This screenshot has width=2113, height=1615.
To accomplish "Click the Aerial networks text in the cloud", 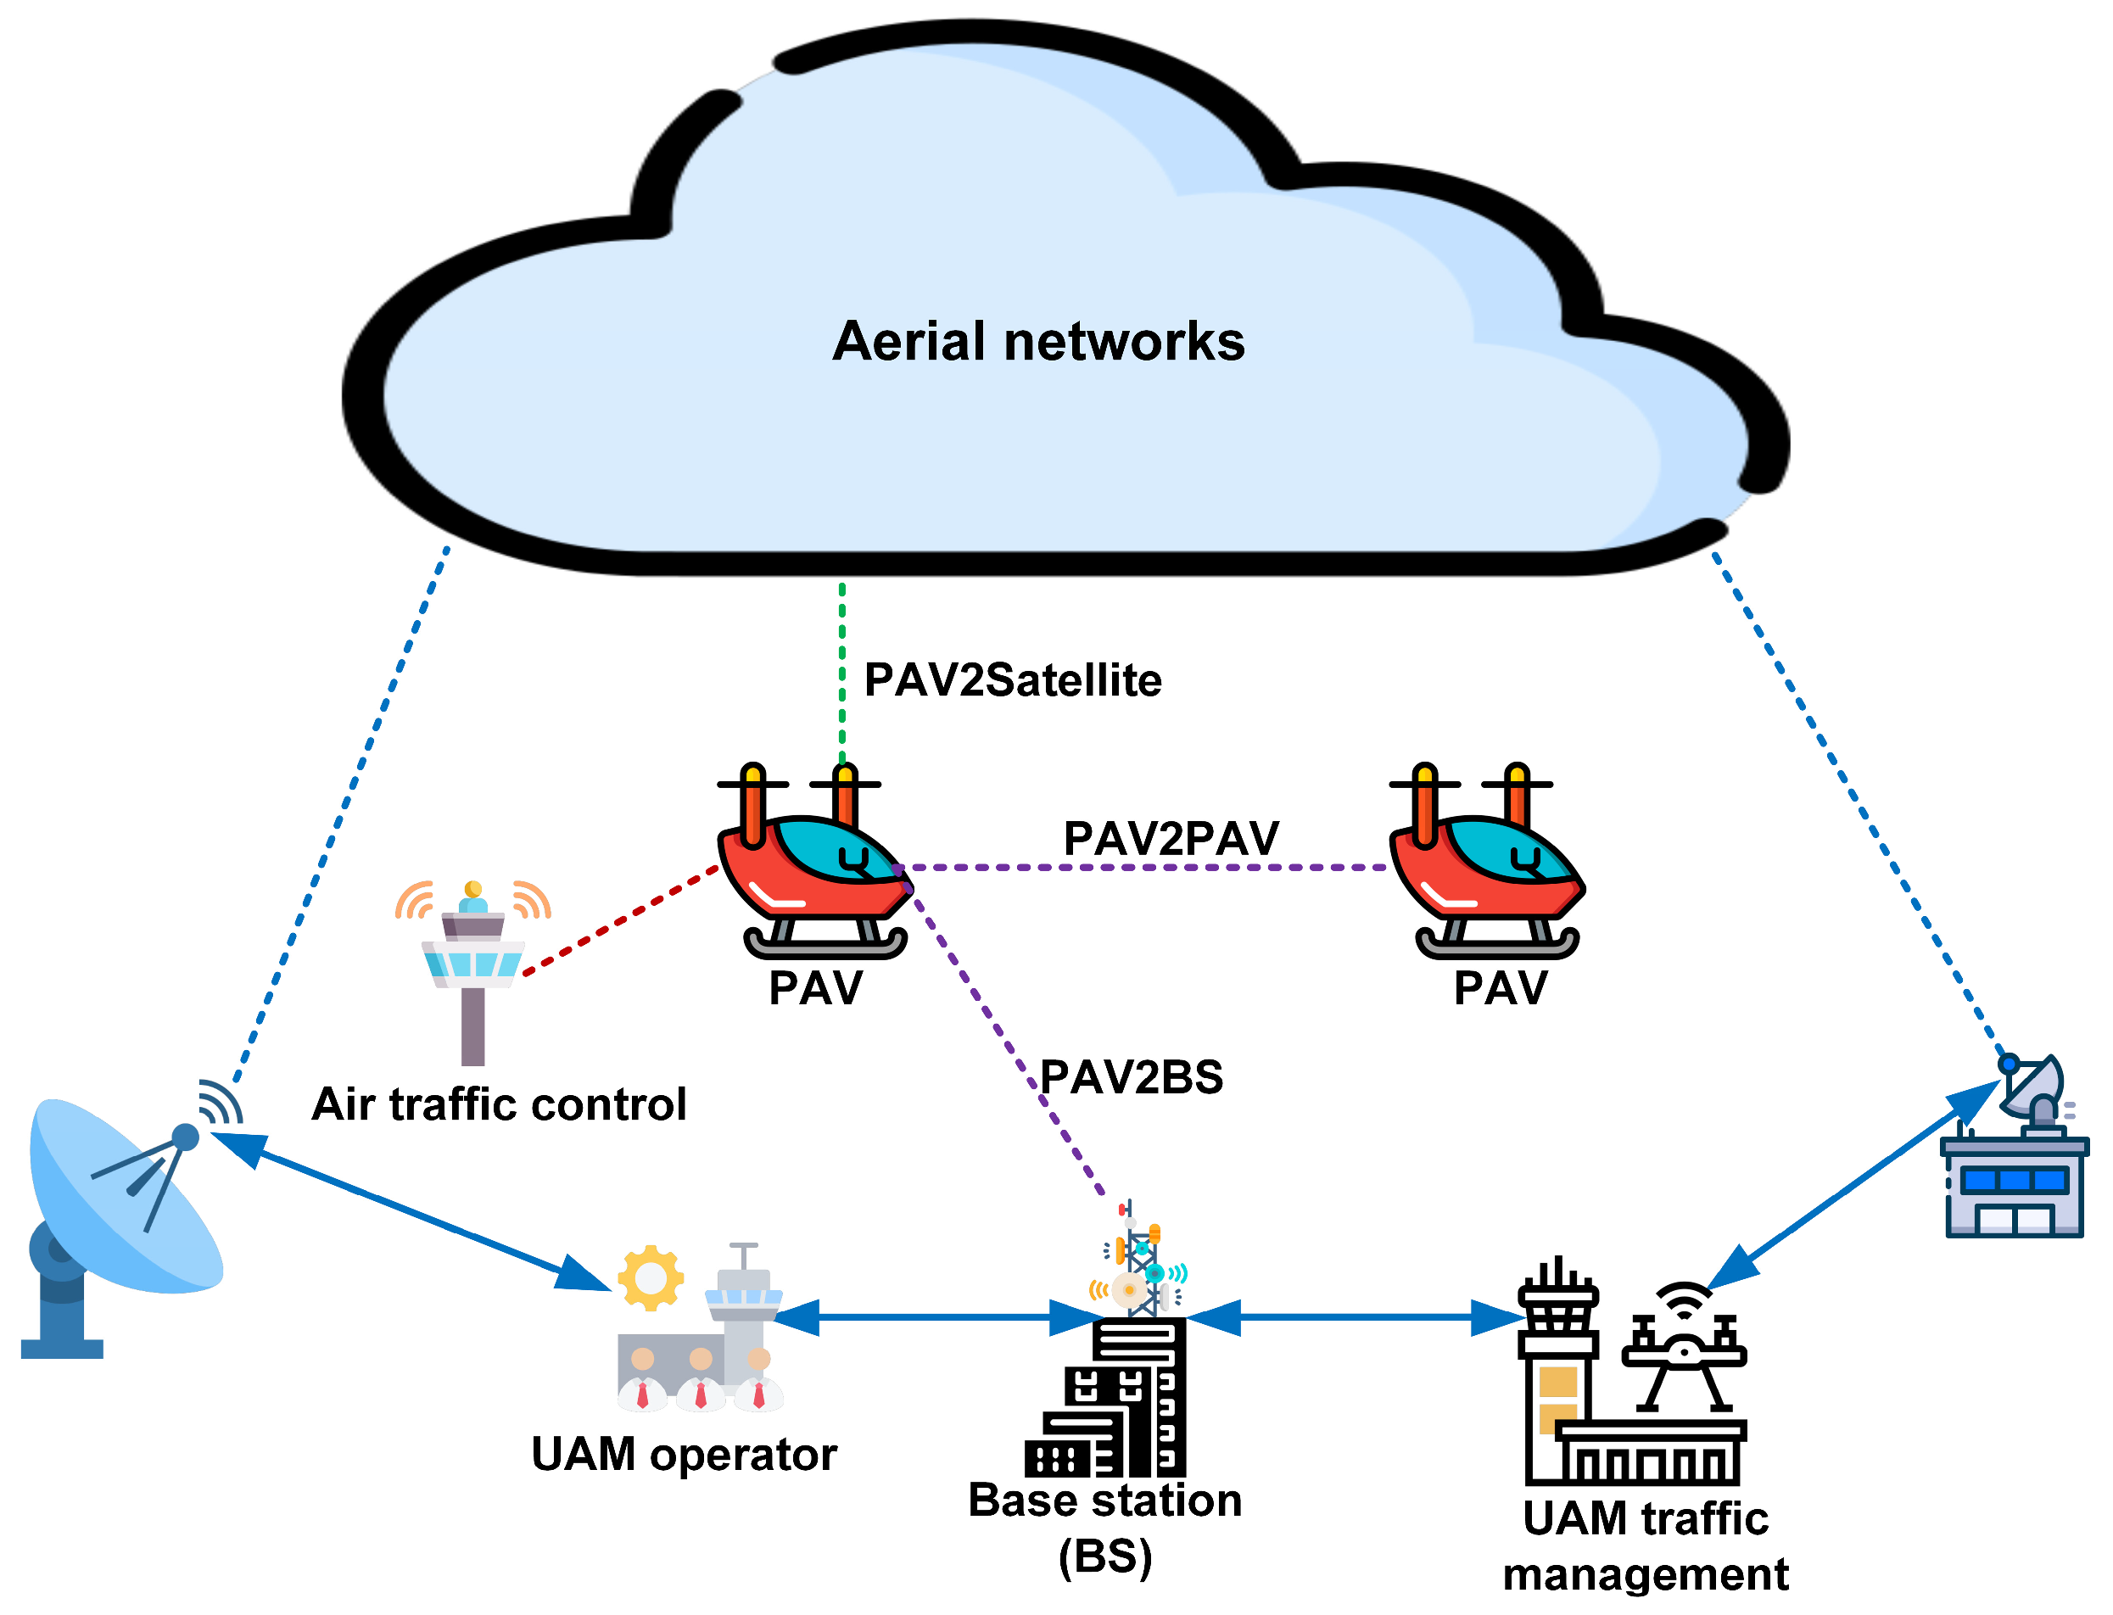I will pyautogui.click(x=1037, y=342).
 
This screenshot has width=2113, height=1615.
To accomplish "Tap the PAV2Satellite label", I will pyautogui.click(x=1012, y=680).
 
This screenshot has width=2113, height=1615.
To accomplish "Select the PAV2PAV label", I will pyautogui.click(x=1170, y=838).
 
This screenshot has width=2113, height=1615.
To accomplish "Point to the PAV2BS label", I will pyautogui.click(x=1131, y=1077).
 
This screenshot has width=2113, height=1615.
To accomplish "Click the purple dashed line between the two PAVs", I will pyautogui.click(x=1144, y=868).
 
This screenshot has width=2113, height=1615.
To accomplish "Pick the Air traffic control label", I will pyautogui.click(x=499, y=1104).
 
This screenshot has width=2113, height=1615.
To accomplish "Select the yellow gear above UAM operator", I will pyautogui.click(x=651, y=1278).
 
